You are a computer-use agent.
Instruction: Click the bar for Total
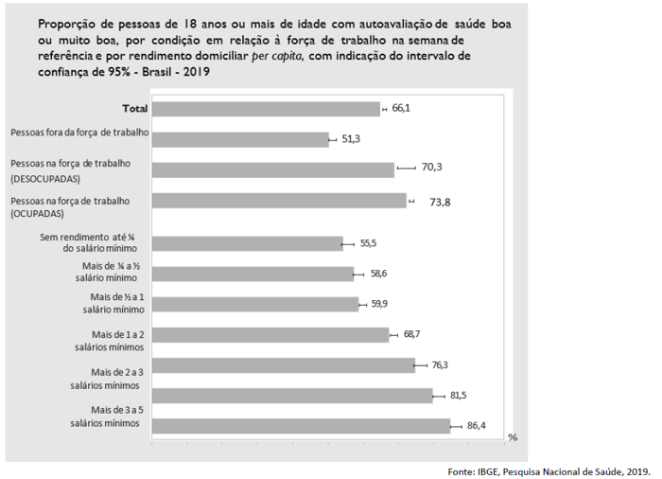click(265, 109)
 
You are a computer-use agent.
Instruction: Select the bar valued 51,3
click(240, 139)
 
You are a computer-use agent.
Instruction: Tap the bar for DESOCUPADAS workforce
click(272, 169)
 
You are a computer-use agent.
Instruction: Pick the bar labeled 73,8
click(278, 201)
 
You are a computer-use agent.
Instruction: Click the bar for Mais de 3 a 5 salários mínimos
click(301, 426)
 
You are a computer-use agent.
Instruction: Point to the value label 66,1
click(401, 109)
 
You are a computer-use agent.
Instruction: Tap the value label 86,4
click(477, 426)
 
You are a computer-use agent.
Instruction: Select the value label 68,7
click(413, 334)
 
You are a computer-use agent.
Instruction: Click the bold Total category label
click(133, 109)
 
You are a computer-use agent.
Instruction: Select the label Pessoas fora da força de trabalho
click(79, 133)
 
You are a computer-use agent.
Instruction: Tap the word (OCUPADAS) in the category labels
click(44, 216)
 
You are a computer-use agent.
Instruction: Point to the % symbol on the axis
click(513, 437)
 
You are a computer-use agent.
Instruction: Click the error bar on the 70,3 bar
click(406, 169)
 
